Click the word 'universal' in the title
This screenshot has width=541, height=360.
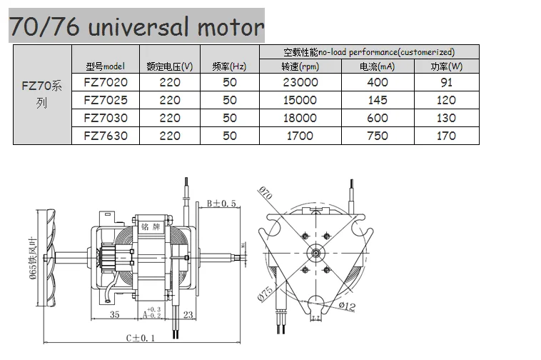coord(138,27)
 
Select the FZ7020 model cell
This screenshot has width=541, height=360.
coord(106,82)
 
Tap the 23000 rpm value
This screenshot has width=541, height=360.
coord(300,82)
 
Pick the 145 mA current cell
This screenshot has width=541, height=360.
coord(378,100)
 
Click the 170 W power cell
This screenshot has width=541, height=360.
coord(446,136)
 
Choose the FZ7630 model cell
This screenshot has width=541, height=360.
coord(106,136)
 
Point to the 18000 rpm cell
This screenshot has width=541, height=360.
coord(300,118)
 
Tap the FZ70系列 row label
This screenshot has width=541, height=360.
coord(42,94)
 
